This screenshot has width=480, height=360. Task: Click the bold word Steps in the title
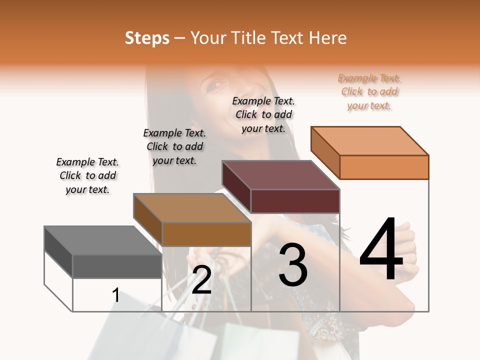[147, 38]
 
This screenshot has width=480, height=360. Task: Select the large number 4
[381, 250]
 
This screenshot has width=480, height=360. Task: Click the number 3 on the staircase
[293, 265]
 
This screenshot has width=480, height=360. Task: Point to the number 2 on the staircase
[202, 280]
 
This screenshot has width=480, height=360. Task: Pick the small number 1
[116, 295]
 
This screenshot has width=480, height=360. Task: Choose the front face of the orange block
[384, 167]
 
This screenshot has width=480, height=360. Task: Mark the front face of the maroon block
[295, 201]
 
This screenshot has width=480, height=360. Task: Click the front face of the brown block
[206, 234]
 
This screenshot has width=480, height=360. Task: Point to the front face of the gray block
[117, 266]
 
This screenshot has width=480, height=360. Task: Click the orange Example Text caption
[369, 92]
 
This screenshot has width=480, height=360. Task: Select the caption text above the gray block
[87, 175]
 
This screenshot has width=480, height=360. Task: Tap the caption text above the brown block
[174, 146]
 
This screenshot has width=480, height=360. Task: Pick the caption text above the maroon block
[263, 114]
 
